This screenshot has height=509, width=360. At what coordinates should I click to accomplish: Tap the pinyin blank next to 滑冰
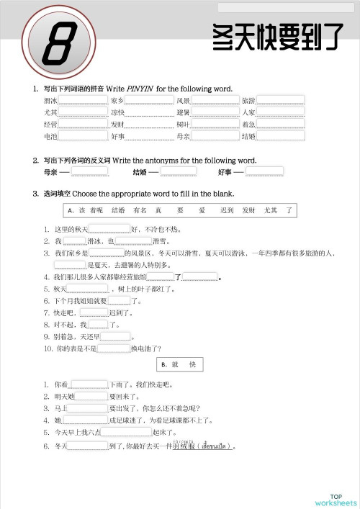point(83,100)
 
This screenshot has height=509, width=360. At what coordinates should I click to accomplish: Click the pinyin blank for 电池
point(83,136)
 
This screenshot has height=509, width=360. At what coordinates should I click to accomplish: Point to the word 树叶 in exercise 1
point(183,124)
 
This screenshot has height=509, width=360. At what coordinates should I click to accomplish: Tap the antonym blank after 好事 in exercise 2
point(264,172)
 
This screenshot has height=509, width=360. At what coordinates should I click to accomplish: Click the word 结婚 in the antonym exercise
point(140,173)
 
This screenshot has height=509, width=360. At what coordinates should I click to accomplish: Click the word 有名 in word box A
point(140,210)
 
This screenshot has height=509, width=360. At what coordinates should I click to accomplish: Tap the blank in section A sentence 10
point(113,348)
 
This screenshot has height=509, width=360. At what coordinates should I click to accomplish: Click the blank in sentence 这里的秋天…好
point(109,230)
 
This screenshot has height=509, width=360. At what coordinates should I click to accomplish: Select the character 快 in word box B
point(192,365)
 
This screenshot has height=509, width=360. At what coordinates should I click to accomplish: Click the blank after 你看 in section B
point(89,384)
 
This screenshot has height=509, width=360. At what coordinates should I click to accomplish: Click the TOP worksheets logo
point(335,499)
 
